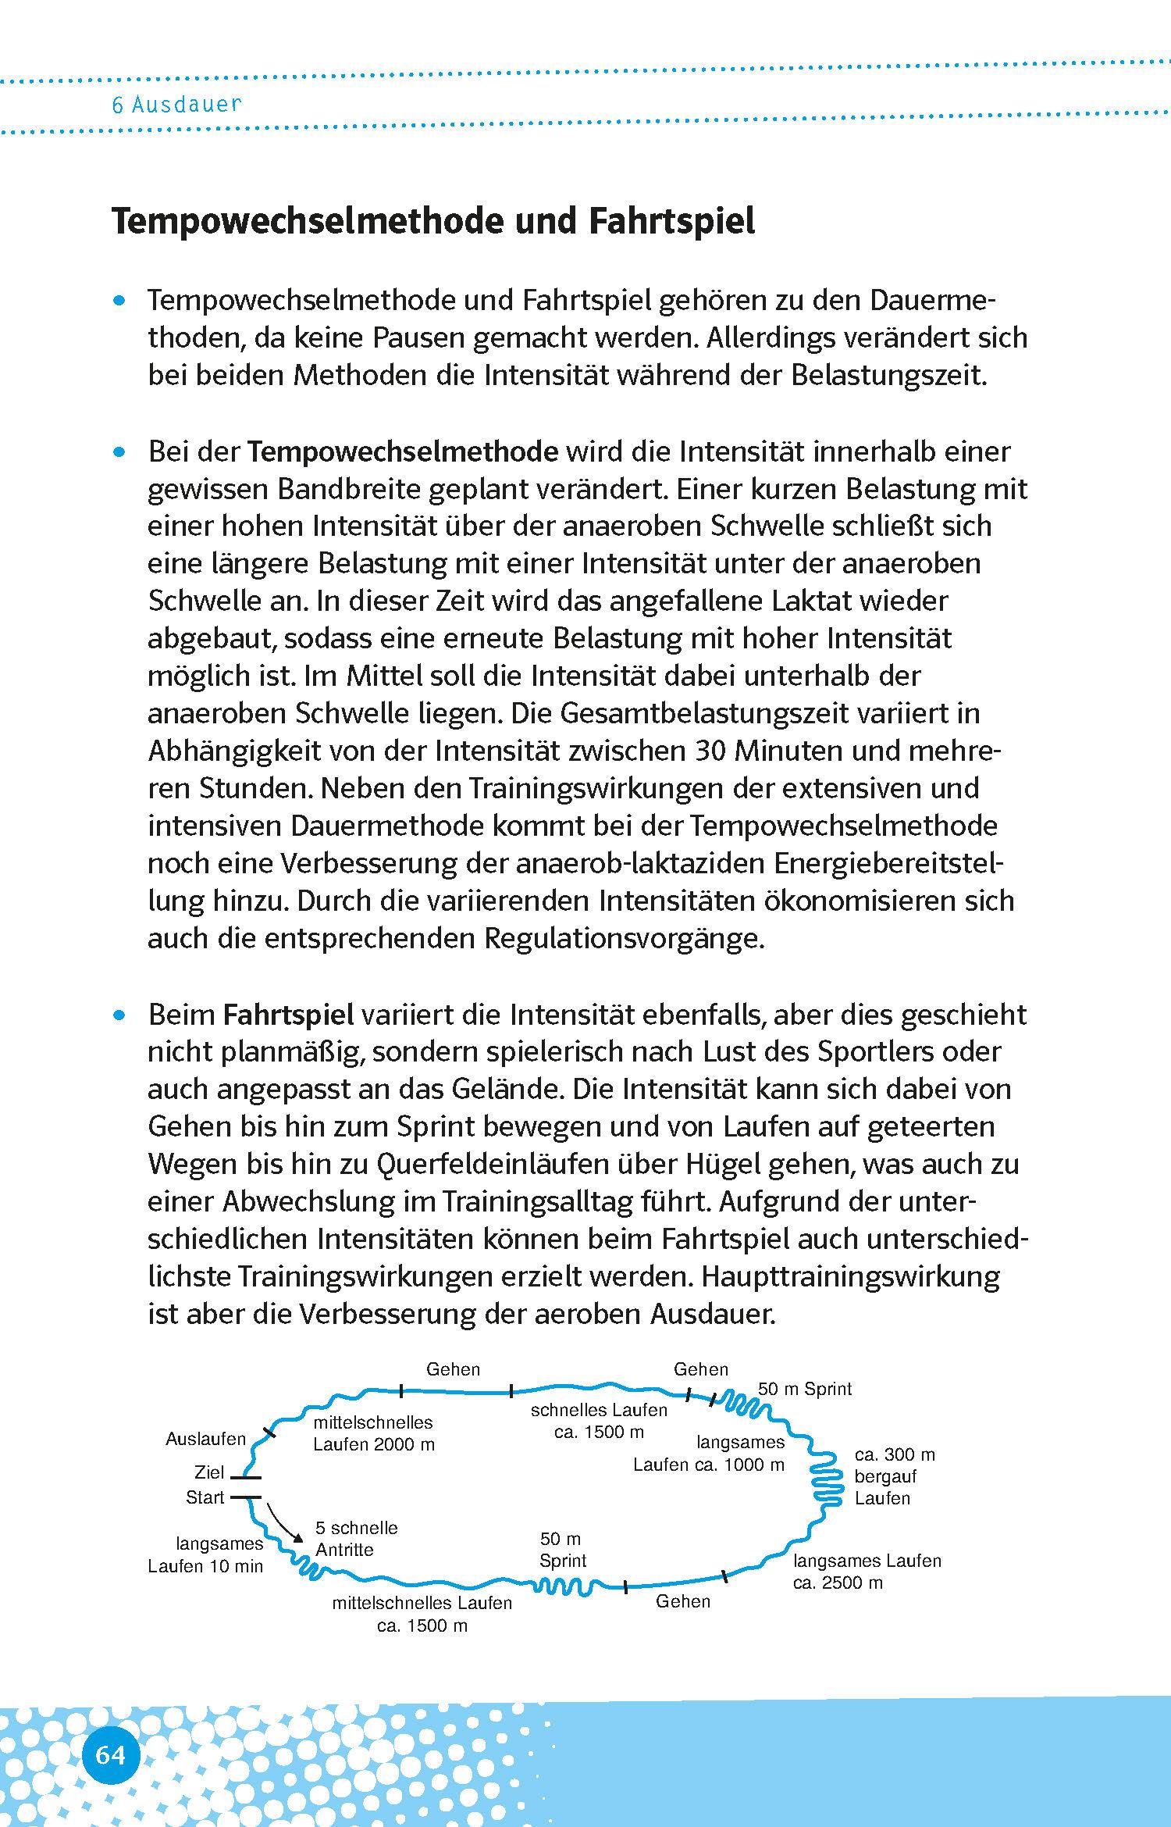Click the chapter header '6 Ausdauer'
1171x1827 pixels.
coord(176,105)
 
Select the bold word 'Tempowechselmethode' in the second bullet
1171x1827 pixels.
coord(403,451)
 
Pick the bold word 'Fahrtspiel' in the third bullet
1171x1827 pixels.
coord(288,1015)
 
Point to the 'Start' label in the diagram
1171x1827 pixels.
coord(205,1497)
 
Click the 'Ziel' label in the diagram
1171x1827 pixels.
coord(209,1472)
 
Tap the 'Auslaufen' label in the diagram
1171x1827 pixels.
coord(205,1439)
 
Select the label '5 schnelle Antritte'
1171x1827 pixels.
coord(356,1539)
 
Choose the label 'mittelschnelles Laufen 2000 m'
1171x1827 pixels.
coord(373,1433)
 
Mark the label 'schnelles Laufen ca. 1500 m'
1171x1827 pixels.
coord(599,1421)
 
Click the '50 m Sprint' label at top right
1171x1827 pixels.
coord(805,1389)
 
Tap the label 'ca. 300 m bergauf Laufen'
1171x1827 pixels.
coord(894,1476)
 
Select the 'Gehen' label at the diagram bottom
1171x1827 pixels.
coord(683,1601)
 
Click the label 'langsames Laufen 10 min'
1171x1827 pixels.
coord(205,1555)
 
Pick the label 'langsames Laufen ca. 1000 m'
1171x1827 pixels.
coord(709,1454)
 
